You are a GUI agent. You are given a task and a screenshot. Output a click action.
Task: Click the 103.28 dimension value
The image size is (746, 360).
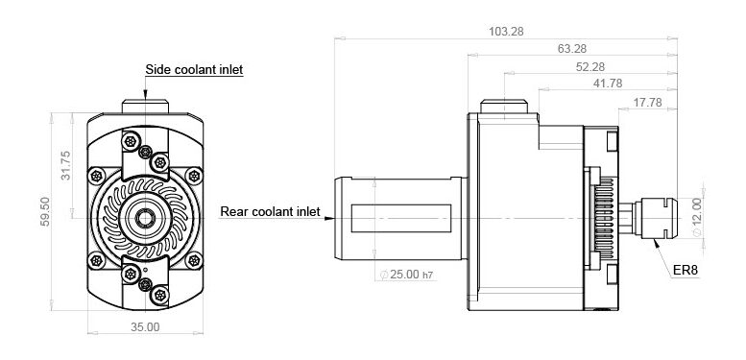[x=506, y=32]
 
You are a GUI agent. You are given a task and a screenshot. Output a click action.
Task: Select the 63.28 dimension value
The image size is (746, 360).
[x=572, y=49]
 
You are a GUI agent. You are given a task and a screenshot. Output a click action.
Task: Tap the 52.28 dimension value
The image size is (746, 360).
[x=590, y=67]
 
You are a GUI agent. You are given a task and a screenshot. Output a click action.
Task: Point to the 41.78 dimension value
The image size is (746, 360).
[x=608, y=84]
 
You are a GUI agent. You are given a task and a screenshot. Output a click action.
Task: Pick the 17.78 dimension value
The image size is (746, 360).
[x=647, y=103]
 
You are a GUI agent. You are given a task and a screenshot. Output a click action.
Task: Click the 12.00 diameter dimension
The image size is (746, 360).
[x=696, y=217]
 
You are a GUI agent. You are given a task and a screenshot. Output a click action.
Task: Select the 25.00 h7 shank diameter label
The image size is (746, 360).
[x=407, y=275]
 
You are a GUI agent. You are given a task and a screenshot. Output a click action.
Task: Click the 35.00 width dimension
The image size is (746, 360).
[x=145, y=327]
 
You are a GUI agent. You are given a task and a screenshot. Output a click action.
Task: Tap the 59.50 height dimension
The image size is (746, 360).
[x=45, y=211]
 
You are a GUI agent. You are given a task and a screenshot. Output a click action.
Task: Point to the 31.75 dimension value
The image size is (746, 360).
[x=65, y=165]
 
